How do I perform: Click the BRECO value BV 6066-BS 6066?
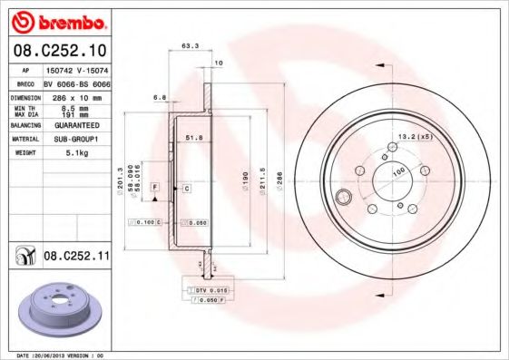pyautogui.click(x=83, y=83)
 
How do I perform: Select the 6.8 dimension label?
pyautogui.click(x=160, y=96)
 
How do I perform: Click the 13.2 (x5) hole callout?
pyautogui.click(x=412, y=137)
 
